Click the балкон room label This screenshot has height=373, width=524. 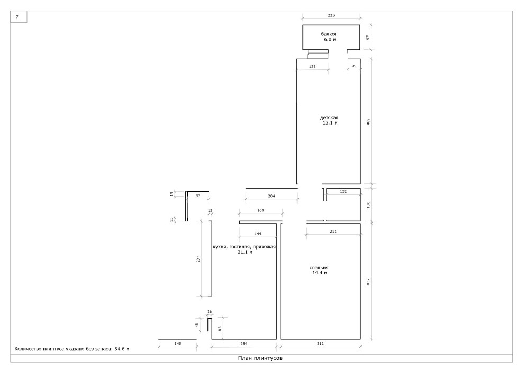[x=329, y=34]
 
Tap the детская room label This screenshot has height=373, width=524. [x=329, y=118]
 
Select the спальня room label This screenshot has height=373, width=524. [x=319, y=268]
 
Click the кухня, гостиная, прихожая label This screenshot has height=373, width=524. [x=245, y=247]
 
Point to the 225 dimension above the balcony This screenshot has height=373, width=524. [x=331, y=15]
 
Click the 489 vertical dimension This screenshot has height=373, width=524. [x=368, y=121]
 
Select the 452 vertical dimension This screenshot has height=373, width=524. [x=368, y=281]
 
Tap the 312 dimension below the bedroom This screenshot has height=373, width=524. [x=320, y=343]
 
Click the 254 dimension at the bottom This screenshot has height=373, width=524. [x=245, y=343]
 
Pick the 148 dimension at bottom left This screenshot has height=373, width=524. [x=177, y=343]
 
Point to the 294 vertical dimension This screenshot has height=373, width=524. [x=198, y=259]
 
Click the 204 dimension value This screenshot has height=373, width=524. [x=272, y=196]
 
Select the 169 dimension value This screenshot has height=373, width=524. [x=260, y=210]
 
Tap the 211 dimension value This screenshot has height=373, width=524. [x=333, y=231]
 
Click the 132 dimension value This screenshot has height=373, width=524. [x=343, y=192]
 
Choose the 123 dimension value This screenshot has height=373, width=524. [x=312, y=67]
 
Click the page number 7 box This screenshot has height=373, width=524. [x=19, y=17]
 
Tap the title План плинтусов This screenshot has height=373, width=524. [x=260, y=358]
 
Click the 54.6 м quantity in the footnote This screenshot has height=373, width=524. [x=122, y=349]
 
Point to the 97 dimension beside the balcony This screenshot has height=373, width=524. [x=368, y=37]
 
